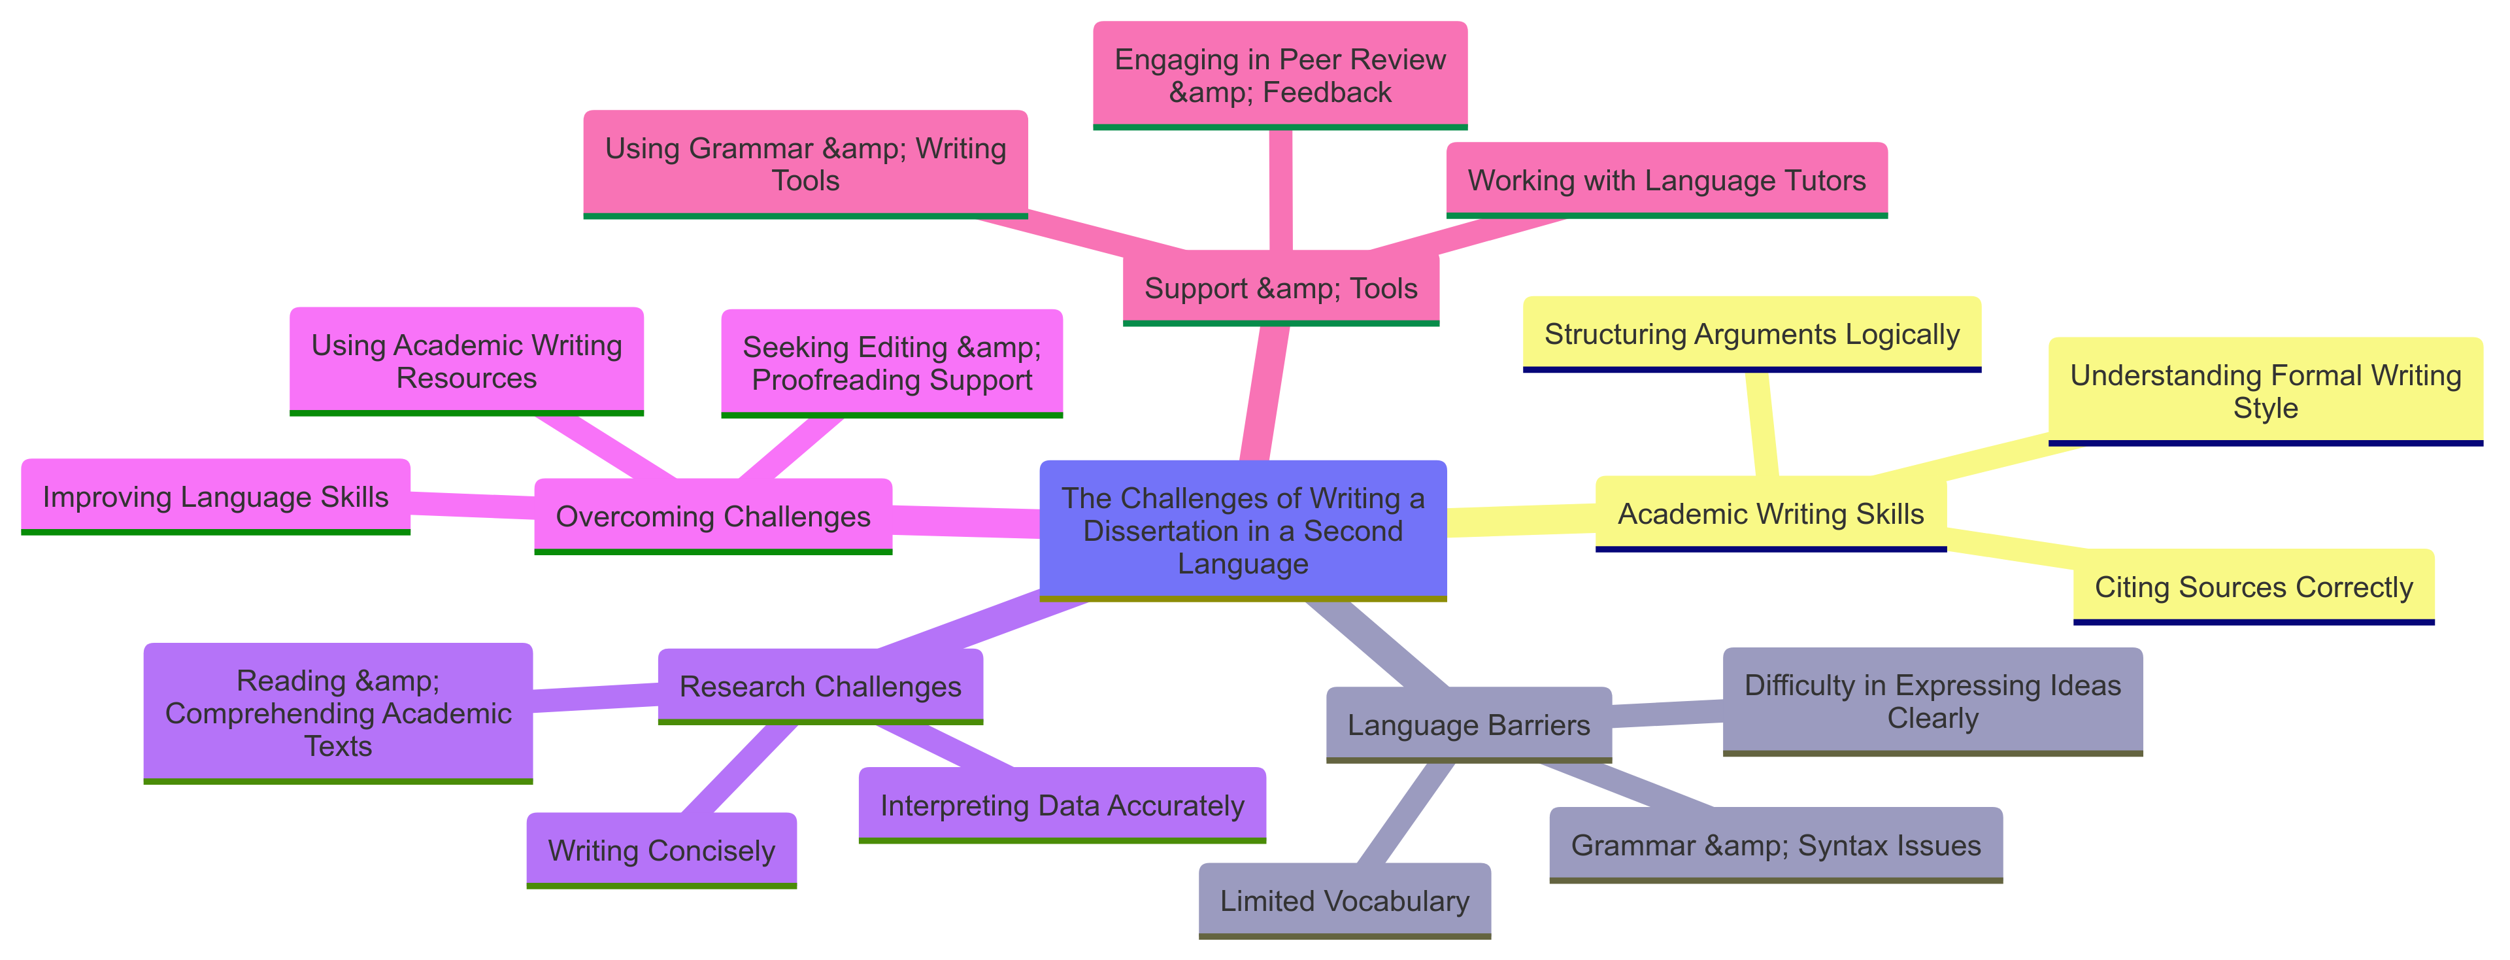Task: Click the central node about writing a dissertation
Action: point(1243,530)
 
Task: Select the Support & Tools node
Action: point(1280,288)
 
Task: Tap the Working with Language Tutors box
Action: point(1666,180)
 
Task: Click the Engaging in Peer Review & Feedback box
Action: point(1279,76)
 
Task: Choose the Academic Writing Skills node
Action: point(1771,513)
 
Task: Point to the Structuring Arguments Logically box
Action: point(1751,334)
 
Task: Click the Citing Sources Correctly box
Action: point(2252,587)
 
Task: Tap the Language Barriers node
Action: point(1468,724)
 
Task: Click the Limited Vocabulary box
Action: point(1344,900)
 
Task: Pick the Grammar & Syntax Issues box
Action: point(1775,845)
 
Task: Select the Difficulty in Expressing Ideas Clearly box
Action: point(1932,701)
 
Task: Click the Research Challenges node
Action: point(820,686)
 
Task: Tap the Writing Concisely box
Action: point(661,850)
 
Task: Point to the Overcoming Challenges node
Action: point(712,515)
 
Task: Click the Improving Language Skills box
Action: point(215,496)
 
